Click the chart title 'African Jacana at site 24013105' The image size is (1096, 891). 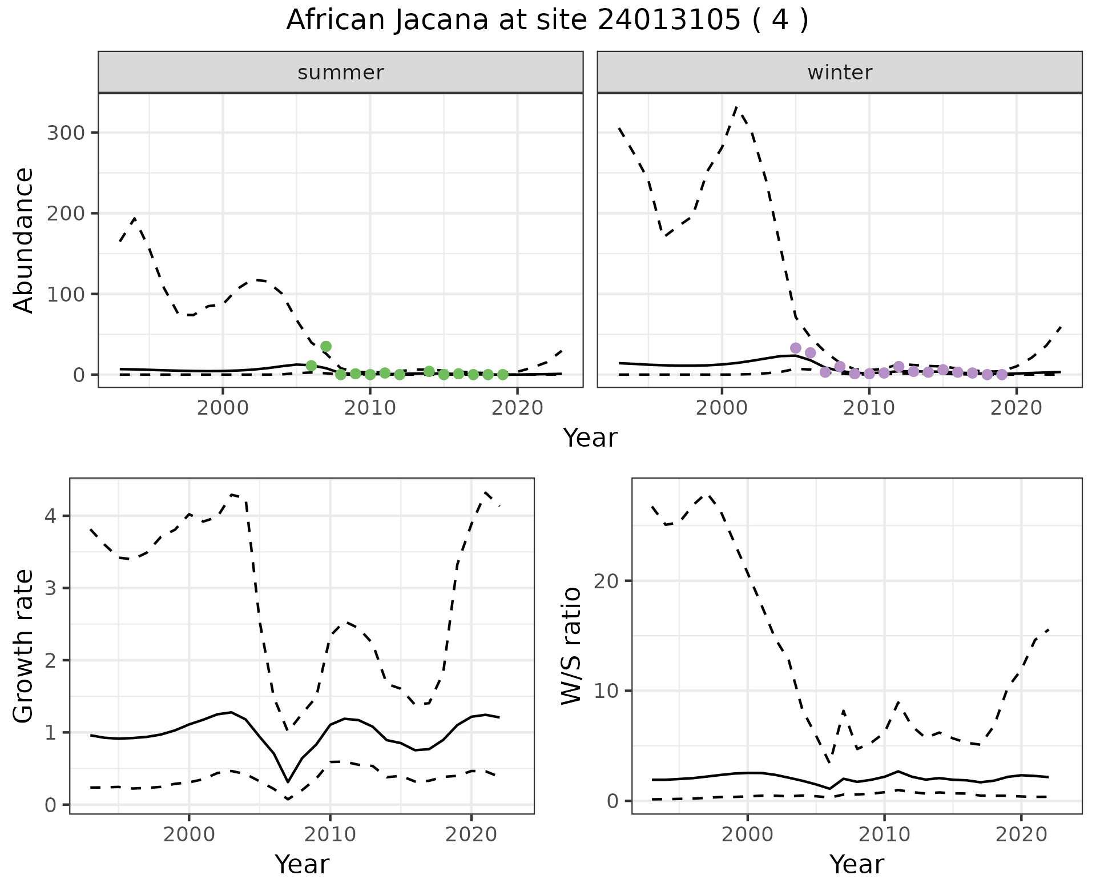click(x=547, y=21)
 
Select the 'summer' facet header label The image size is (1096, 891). click(x=341, y=73)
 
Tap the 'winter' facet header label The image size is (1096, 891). click(x=840, y=73)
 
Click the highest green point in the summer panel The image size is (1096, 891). click(x=326, y=346)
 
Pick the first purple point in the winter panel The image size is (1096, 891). click(x=796, y=348)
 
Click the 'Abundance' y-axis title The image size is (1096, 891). click(x=24, y=240)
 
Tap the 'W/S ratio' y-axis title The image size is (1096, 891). click(x=571, y=645)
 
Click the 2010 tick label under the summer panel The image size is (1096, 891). click(x=370, y=408)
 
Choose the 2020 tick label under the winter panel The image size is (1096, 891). click(x=1016, y=408)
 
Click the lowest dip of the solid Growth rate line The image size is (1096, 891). click(x=288, y=782)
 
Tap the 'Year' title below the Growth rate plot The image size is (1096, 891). click(x=302, y=864)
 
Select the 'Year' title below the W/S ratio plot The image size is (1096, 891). click(x=857, y=864)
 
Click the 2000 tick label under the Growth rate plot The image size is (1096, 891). click(x=189, y=835)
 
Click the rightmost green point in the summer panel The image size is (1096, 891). click(x=503, y=375)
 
